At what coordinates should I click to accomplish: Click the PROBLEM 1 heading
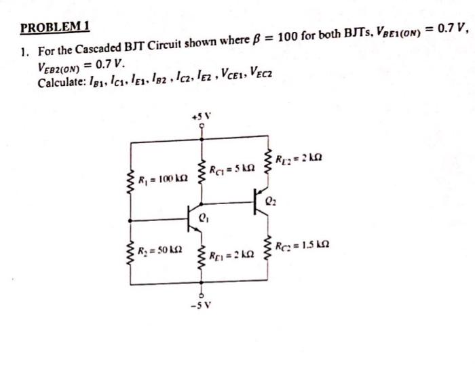pyautogui.click(x=55, y=28)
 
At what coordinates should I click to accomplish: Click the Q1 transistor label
pyautogui.click(x=205, y=218)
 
